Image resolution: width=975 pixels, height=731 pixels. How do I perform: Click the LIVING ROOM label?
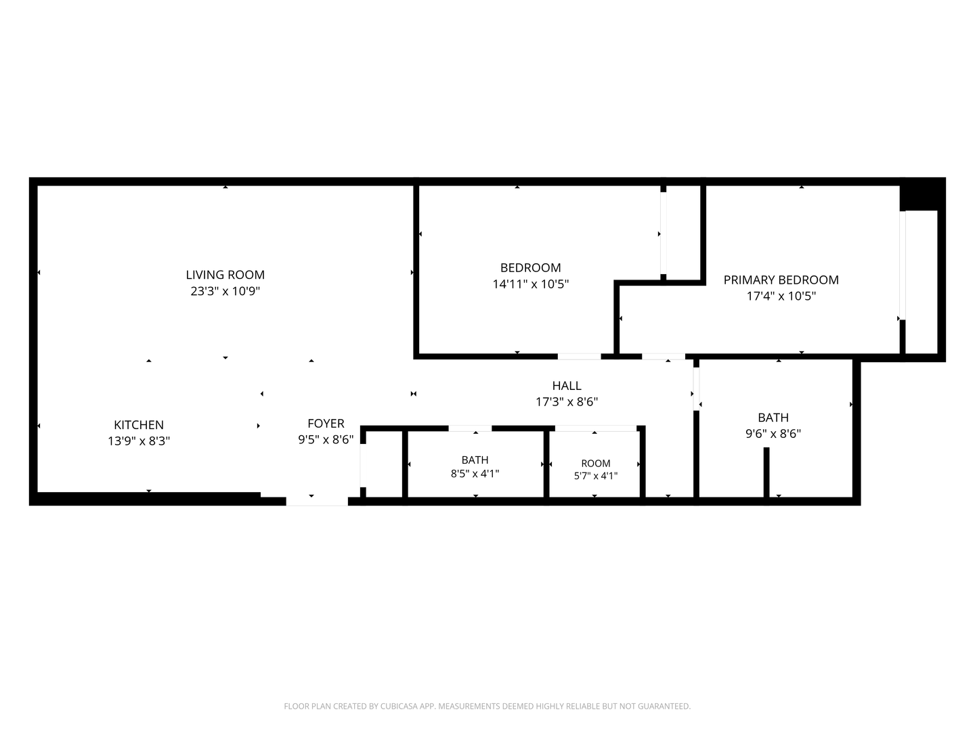click(x=225, y=275)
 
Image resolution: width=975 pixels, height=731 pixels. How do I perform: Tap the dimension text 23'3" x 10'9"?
click(x=225, y=291)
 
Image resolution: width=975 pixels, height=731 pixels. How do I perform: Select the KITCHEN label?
click(x=139, y=425)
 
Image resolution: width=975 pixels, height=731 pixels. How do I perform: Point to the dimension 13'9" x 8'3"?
click(x=139, y=441)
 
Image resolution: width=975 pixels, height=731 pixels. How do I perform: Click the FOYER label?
click(x=326, y=424)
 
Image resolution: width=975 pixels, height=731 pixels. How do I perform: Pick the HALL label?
click(x=567, y=385)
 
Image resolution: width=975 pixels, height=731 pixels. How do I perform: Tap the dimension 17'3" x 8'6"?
click(x=567, y=401)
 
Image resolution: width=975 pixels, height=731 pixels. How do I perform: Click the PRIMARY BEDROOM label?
click(x=781, y=280)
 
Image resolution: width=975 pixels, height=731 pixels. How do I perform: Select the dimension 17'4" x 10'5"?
click(x=781, y=296)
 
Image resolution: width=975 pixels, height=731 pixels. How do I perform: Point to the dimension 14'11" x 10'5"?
click(x=530, y=284)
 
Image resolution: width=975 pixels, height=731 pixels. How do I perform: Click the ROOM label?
click(x=596, y=464)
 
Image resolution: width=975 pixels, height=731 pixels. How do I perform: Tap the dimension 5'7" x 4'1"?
click(x=596, y=476)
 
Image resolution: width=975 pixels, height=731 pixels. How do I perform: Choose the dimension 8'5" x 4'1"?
click(x=475, y=474)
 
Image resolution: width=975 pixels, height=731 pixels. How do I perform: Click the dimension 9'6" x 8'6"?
click(x=773, y=434)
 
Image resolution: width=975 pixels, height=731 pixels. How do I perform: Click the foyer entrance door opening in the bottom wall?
click(x=317, y=502)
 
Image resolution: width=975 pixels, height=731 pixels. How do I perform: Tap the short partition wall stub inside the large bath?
click(x=766, y=472)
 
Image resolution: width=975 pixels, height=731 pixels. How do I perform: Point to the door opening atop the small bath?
click(x=470, y=428)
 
